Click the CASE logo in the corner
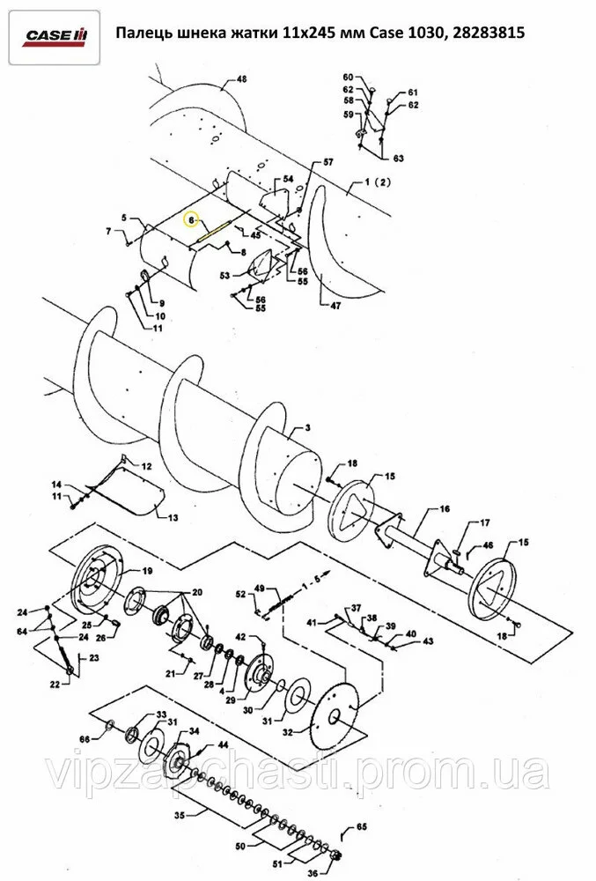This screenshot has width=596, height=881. click(x=55, y=36)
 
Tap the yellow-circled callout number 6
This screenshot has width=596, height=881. click(x=191, y=220)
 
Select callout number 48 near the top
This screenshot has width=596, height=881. click(x=241, y=79)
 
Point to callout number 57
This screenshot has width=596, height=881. click(x=327, y=162)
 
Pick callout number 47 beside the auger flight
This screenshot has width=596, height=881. click(x=335, y=306)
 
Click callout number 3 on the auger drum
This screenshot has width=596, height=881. click(x=307, y=428)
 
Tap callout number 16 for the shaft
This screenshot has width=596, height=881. click(x=445, y=509)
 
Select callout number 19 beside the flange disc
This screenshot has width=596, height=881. click(x=146, y=571)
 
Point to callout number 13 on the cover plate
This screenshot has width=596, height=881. click(x=173, y=517)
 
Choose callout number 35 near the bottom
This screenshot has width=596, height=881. click(x=180, y=815)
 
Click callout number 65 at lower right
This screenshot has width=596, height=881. click(x=362, y=826)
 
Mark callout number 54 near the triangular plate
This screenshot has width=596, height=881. click(x=288, y=179)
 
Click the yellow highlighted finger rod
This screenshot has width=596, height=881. click(x=213, y=230)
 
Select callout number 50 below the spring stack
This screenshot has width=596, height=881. click(x=240, y=846)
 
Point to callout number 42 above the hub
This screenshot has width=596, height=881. click(x=240, y=637)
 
